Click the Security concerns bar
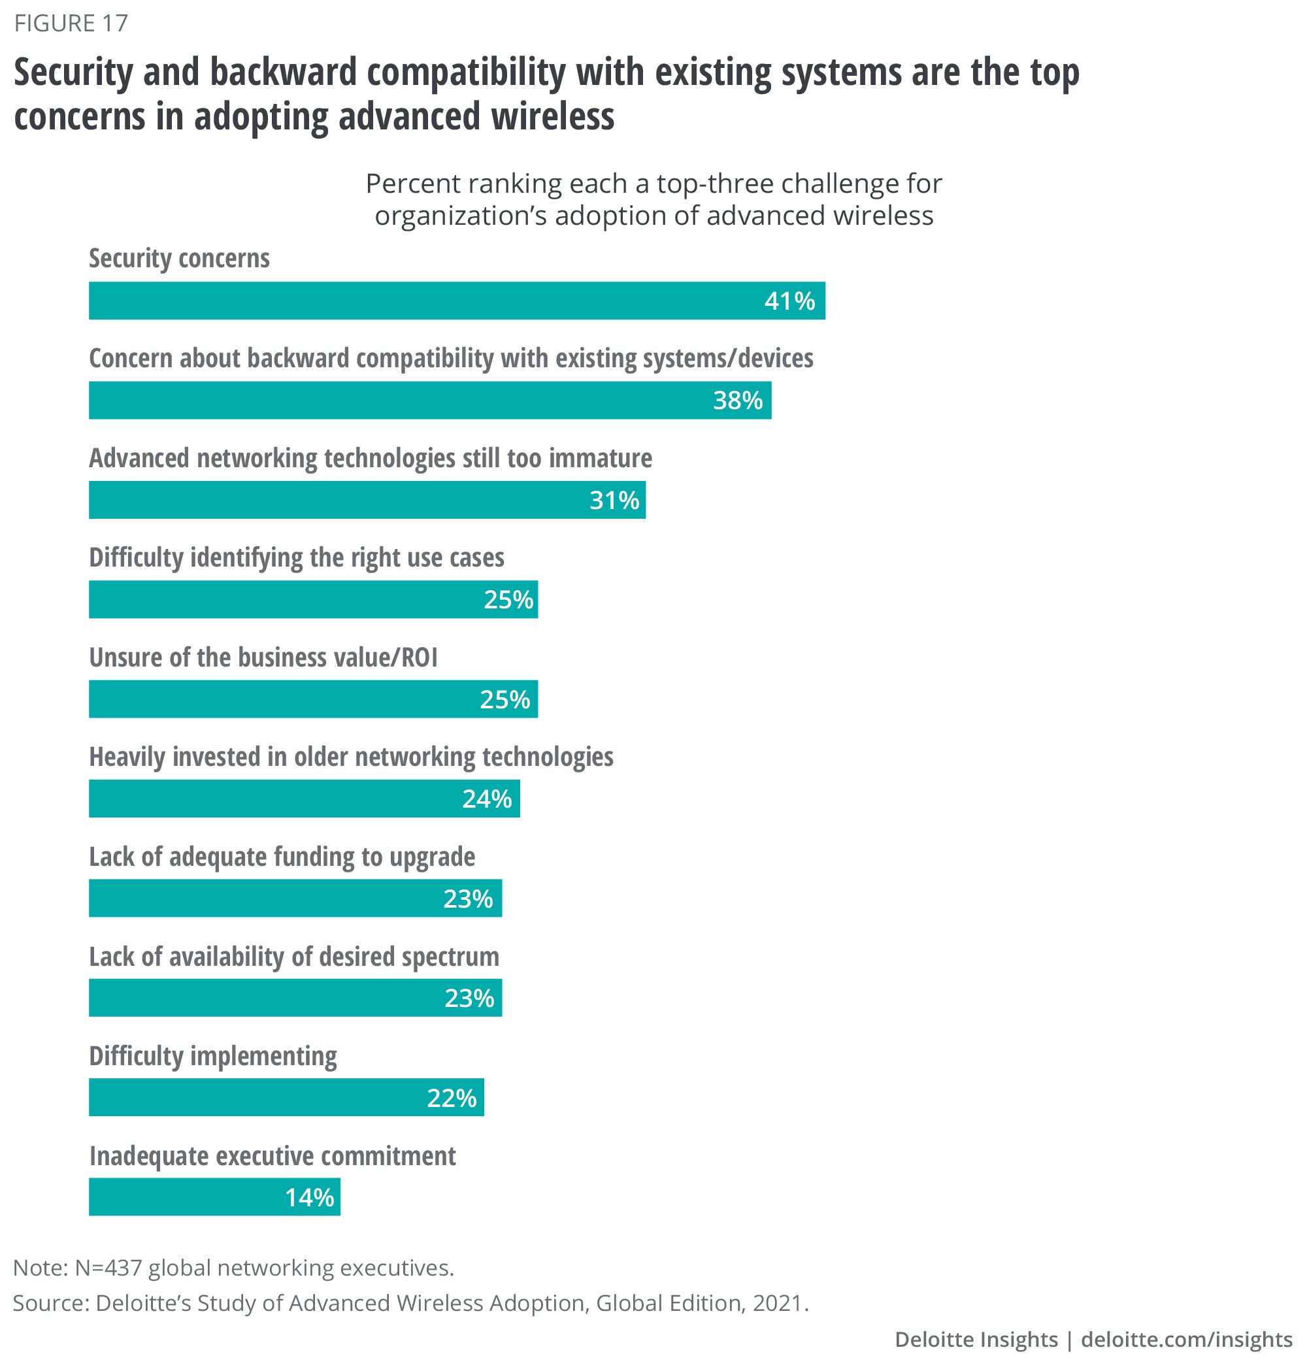click(456, 301)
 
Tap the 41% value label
click(789, 301)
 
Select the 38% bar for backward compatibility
click(430, 401)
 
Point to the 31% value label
click(614, 500)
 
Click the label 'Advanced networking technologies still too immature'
click(371, 458)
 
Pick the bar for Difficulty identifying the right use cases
click(313, 600)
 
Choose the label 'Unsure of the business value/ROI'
click(263, 657)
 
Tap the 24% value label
click(487, 799)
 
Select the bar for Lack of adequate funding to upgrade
click(295, 899)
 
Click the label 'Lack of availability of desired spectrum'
click(294, 957)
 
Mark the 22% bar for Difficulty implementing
click(286, 1098)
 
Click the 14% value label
click(309, 1198)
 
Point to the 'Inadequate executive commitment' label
click(273, 1156)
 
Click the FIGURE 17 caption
click(71, 24)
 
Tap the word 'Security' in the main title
click(73, 73)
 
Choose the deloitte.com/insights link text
click(1187, 1340)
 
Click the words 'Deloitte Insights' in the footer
click(976, 1340)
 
